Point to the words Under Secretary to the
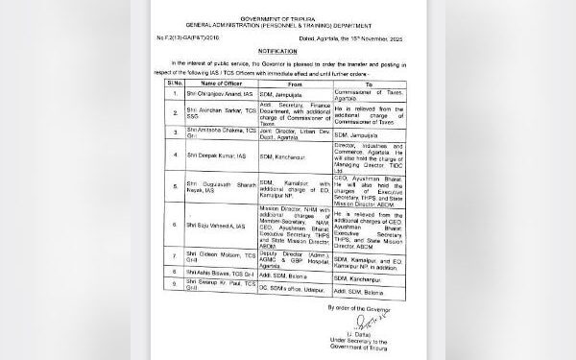[381, 348]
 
